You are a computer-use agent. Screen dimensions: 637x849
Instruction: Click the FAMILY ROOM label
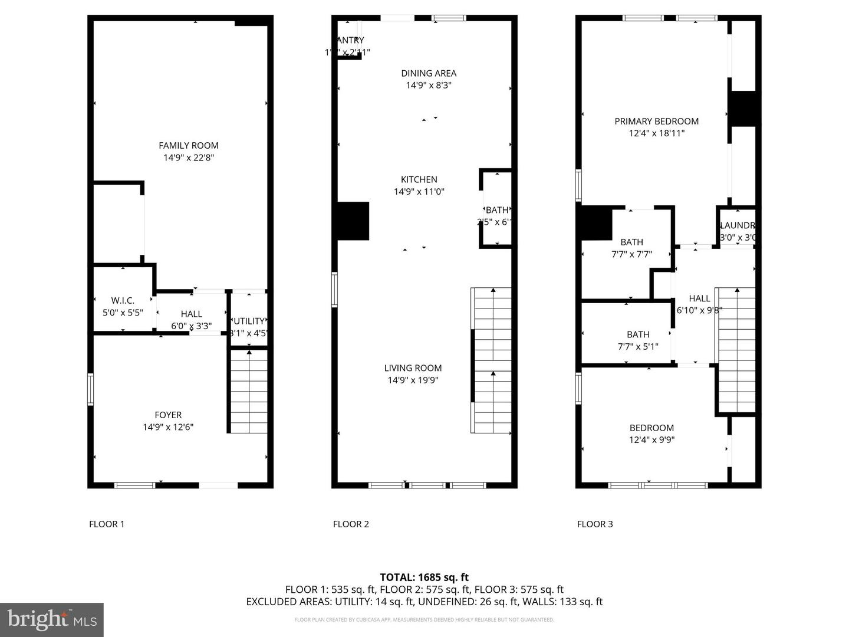pyautogui.click(x=189, y=146)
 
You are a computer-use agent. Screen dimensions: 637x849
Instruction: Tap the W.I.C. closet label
pyautogui.click(x=123, y=301)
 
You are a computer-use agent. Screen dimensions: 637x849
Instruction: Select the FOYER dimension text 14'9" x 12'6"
pyautogui.click(x=168, y=427)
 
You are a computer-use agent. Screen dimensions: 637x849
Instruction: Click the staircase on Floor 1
pyautogui.click(x=249, y=392)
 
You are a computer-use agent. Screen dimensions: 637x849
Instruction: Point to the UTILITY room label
pyautogui.click(x=249, y=321)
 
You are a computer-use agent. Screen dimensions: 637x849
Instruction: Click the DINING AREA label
pyautogui.click(x=429, y=74)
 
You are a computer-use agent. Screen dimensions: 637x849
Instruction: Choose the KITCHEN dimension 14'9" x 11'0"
pyautogui.click(x=419, y=192)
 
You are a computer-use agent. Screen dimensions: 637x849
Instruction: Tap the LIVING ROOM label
pyautogui.click(x=413, y=368)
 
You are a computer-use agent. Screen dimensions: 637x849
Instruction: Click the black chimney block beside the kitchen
pyautogui.click(x=353, y=221)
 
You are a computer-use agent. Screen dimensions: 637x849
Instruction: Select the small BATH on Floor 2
pyautogui.click(x=496, y=211)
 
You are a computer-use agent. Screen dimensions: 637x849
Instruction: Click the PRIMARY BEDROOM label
pyautogui.click(x=656, y=122)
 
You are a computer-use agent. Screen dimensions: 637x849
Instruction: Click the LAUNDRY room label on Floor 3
pyautogui.click(x=737, y=226)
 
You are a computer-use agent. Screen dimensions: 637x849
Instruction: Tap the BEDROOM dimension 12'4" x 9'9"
pyautogui.click(x=651, y=440)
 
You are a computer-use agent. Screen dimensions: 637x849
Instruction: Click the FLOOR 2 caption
pyautogui.click(x=351, y=524)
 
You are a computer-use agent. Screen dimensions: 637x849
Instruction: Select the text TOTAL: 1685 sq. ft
pyautogui.click(x=424, y=577)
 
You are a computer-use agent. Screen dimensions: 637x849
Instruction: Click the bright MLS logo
pyautogui.click(x=52, y=619)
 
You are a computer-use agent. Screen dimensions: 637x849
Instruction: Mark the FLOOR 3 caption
pyautogui.click(x=595, y=524)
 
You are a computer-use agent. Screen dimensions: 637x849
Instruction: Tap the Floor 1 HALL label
pyautogui.click(x=191, y=314)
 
